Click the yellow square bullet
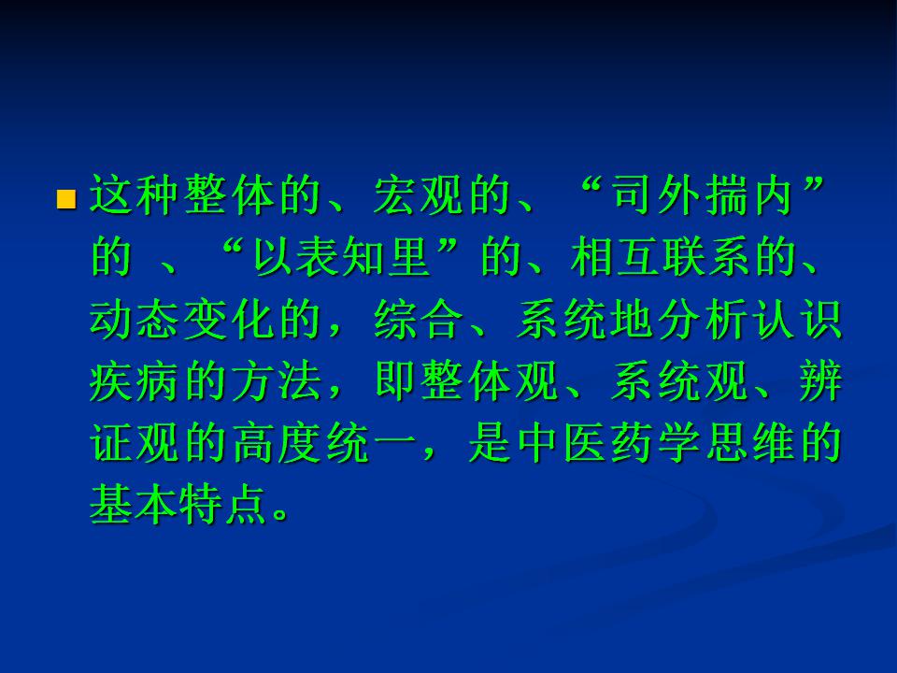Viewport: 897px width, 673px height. click(x=66, y=200)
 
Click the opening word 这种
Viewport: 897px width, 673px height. click(x=135, y=195)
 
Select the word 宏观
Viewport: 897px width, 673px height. click(x=419, y=195)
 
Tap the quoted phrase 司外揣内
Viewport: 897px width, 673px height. click(x=703, y=195)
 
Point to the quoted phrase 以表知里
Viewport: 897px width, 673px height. click(x=343, y=257)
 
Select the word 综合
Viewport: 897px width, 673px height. click(x=419, y=319)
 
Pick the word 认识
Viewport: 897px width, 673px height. click(x=797, y=319)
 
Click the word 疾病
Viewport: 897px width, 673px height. click(x=135, y=380)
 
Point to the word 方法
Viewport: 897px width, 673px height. click(x=277, y=380)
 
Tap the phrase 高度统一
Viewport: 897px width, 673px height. click(x=324, y=442)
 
